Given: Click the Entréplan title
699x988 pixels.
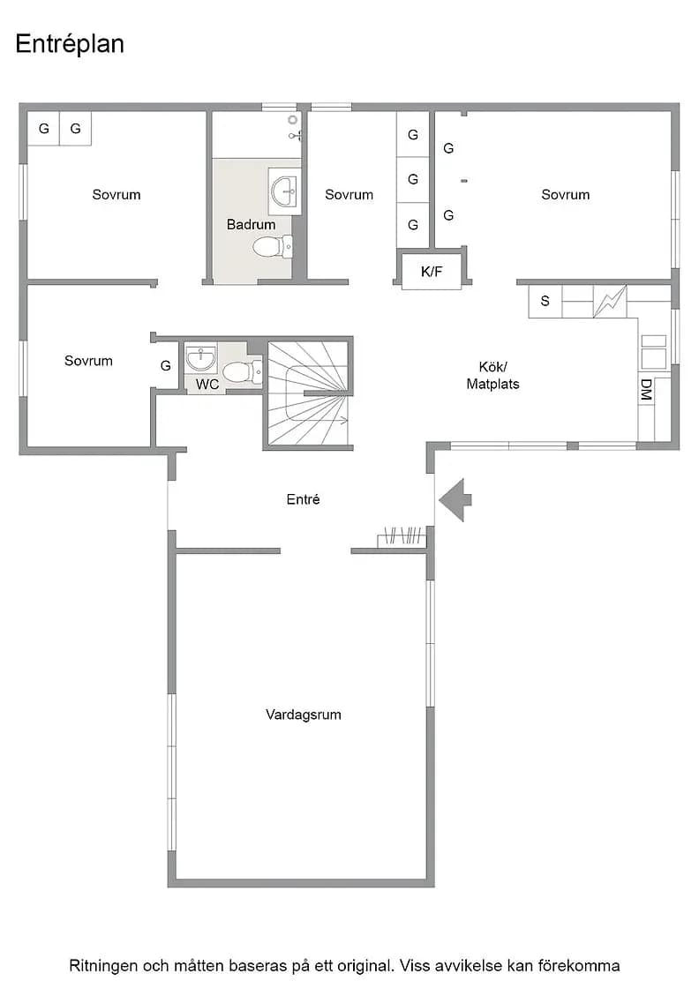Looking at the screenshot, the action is point(70,44).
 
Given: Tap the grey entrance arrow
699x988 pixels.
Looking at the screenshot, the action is point(455,499).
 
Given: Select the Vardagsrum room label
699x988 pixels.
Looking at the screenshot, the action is point(304,715).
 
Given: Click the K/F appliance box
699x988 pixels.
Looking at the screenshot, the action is point(432,271).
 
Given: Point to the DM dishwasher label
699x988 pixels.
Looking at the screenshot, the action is point(645,390).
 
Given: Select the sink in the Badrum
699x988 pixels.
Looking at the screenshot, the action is point(285,191).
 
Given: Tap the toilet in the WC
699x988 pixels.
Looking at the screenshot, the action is point(243,371).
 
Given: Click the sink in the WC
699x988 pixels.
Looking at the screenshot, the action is point(201,358).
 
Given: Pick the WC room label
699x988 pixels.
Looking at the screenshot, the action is point(207,384).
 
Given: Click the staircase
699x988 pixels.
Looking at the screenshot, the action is point(308,393).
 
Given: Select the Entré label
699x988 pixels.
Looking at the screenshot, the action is point(304,499).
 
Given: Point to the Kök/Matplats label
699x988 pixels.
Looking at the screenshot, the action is point(492,375).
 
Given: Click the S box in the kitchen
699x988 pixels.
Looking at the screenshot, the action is point(545,301).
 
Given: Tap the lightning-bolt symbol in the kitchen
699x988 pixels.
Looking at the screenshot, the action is point(610,301).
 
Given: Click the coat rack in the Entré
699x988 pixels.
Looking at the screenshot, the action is point(402,537).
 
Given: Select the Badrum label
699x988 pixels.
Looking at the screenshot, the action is point(251,224).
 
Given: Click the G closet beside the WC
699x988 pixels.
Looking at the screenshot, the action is point(166,365).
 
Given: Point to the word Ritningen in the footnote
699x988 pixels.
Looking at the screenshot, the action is point(102,966).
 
